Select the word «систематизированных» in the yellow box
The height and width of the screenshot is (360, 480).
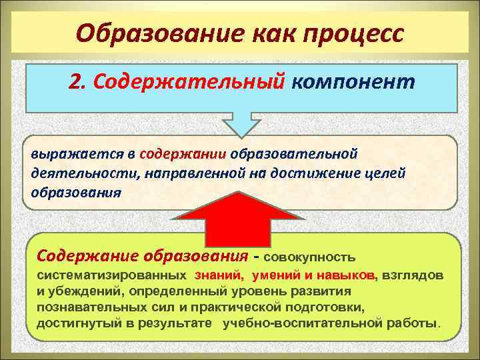111,275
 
